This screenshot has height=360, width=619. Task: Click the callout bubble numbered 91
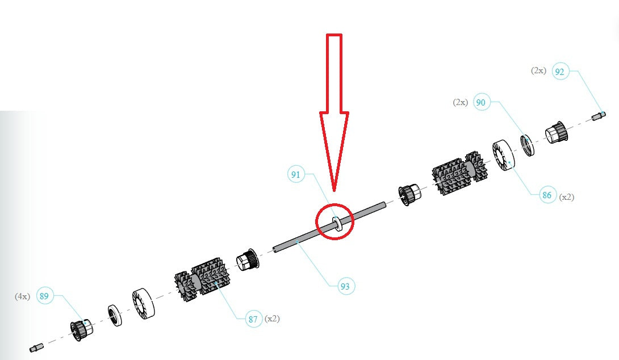pos(296,174)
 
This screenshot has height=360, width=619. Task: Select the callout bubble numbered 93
pos(345,286)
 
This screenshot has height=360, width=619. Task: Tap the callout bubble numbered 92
pos(560,72)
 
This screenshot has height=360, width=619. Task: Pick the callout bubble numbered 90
pos(481,102)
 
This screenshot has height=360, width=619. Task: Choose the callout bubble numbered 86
pos(547,195)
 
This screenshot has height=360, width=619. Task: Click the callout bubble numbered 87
pos(253,319)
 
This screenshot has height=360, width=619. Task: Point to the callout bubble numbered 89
pos(44,296)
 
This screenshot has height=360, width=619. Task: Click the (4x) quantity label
pos(23,296)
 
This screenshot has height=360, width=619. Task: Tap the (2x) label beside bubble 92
pos(538,70)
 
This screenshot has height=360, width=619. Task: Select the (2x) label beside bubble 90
pos(461,102)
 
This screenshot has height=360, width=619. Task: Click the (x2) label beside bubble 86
pos(567,196)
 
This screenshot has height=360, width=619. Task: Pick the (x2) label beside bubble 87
pos(272,319)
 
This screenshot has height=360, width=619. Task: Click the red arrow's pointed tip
pos(334,191)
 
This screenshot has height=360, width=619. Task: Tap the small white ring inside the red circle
pos(337,224)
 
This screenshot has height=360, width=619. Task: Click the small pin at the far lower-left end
pos(36,348)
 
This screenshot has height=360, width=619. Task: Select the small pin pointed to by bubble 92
pos(599,116)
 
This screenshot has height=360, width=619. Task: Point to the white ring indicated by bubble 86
pos(503,155)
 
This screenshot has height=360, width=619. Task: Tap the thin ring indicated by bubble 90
pos(528,145)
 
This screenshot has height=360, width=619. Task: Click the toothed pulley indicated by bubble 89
pos(82,329)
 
